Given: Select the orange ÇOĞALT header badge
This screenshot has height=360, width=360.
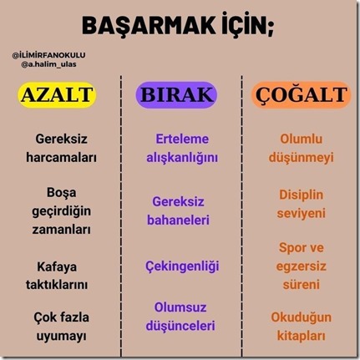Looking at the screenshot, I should pyautogui.click(x=300, y=94).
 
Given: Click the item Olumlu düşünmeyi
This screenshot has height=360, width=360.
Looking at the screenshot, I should pyautogui.click(x=301, y=147).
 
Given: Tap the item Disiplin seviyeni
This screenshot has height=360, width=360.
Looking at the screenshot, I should pyautogui.click(x=301, y=203).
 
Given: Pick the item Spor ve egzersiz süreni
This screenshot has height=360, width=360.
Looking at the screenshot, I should pyautogui.click(x=301, y=266).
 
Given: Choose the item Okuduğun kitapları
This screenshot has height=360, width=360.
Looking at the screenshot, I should pyautogui.click(x=301, y=327).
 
